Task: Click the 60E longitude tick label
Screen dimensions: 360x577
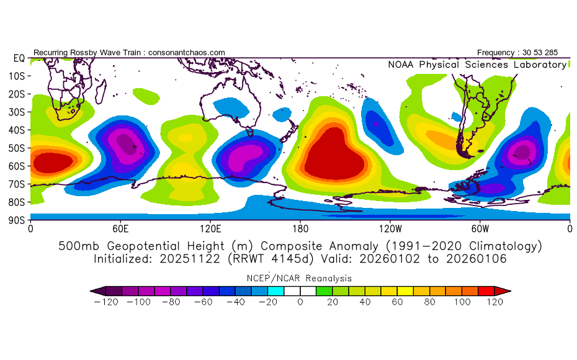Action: pos(120,228)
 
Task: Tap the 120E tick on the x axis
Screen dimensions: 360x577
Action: pos(210,228)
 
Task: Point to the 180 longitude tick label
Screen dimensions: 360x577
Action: pos(300,228)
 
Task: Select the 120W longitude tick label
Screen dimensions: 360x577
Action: pos(390,228)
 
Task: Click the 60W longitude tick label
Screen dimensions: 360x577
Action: pos(480,228)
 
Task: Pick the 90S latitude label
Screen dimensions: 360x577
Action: pos(16,220)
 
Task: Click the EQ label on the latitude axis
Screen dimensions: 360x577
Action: pos(19,58)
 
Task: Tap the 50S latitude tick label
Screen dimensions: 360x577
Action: pos(16,148)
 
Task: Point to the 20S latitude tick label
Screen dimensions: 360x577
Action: pos(16,94)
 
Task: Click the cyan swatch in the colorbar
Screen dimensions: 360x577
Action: pos(276,290)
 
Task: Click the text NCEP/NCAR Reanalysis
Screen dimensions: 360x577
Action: pos(300,278)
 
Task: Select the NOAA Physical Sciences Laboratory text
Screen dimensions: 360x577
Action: pos(476,65)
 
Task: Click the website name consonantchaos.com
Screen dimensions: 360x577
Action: pos(187,53)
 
